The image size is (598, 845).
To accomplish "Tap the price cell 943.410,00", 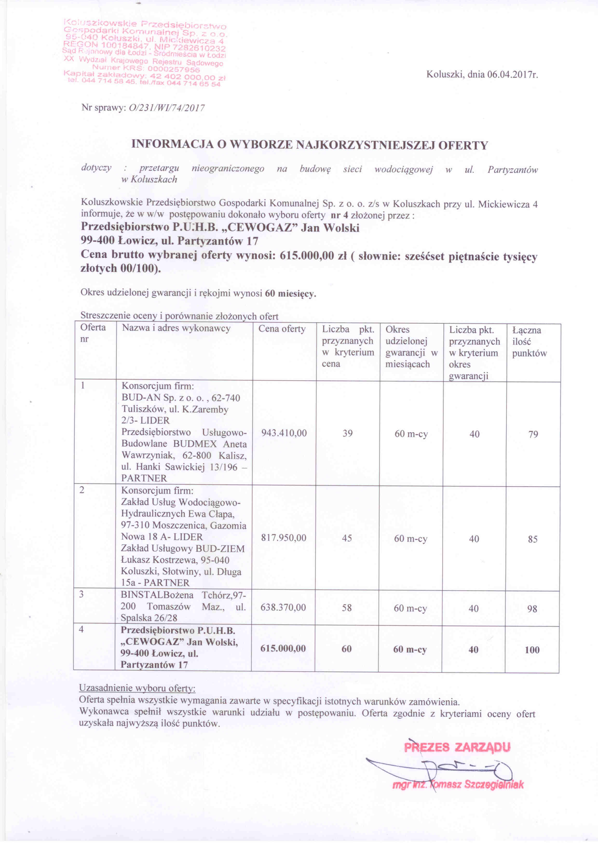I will click(x=284, y=433).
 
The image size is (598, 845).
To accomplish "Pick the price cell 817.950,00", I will click(x=284, y=538).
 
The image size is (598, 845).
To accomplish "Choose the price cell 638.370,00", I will click(x=283, y=607).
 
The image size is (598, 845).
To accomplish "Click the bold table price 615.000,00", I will click(x=283, y=649).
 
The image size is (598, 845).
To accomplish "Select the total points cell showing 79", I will click(x=533, y=434).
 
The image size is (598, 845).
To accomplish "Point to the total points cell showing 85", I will click(x=532, y=539).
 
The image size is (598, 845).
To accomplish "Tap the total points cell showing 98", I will click(x=532, y=609).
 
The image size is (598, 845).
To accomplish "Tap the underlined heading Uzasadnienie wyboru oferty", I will click(x=137, y=688).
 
